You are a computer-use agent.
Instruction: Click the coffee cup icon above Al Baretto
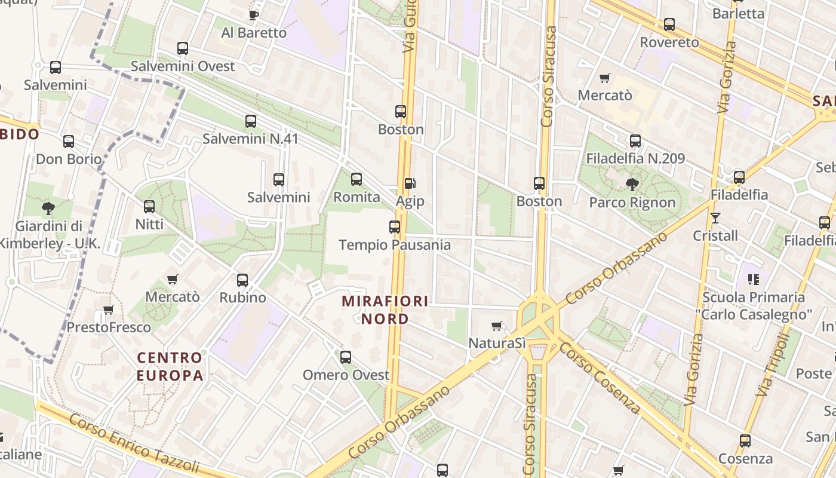click(x=254, y=15)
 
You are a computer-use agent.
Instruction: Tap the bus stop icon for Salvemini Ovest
click(x=183, y=48)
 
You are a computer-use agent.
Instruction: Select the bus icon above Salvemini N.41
click(x=251, y=121)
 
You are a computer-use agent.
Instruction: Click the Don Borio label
click(x=69, y=160)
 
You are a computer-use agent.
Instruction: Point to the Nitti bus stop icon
click(x=149, y=207)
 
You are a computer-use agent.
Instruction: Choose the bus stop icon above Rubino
click(x=242, y=280)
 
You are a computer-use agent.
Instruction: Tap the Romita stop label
click(x=356, y=197)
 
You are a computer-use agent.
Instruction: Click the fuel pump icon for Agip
click(x=410, y=183)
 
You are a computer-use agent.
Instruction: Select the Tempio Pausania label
click(x=395, y=245)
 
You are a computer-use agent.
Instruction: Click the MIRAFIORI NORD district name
click(x=385, y=310)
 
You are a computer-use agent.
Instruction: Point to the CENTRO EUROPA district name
click(x=170, y=366)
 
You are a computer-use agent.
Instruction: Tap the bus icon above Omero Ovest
click(x=346, y=357)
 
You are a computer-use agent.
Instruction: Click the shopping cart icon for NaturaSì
click(x=496, y=326)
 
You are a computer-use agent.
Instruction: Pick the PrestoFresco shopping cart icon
click(x=109, y=310)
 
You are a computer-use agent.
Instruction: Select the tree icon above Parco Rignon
click(x=632, y=184)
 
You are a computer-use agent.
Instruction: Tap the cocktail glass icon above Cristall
click(x=715, y=217)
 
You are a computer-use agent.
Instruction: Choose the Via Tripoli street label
click(x=773, y=365)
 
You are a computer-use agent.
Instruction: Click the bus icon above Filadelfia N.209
click(x=635, y=141)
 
